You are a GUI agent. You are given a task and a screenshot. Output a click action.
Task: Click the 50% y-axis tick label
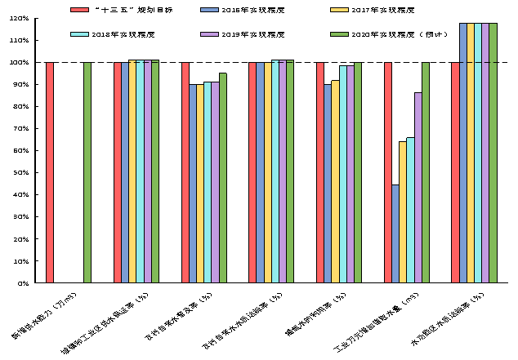coord(20,173)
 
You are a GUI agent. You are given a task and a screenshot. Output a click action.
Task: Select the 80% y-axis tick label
coord(20,106)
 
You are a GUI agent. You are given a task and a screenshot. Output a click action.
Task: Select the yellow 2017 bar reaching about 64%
coord(403,212)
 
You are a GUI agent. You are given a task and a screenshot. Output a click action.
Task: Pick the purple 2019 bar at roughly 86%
coord(418,188)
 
